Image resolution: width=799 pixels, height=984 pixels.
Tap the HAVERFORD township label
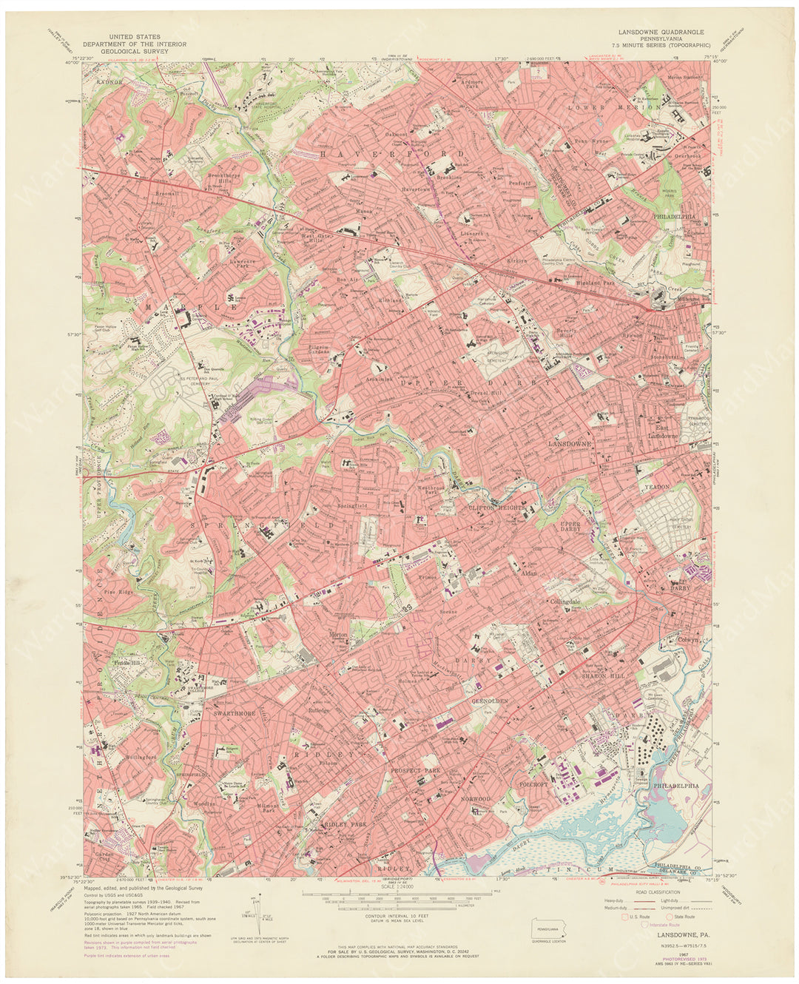point(392,154)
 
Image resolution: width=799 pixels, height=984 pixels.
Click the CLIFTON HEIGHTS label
point(496,508)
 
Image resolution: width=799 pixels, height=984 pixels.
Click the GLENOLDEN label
point(490,700)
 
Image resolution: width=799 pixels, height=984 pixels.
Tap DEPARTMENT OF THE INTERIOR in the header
point(135,44)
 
